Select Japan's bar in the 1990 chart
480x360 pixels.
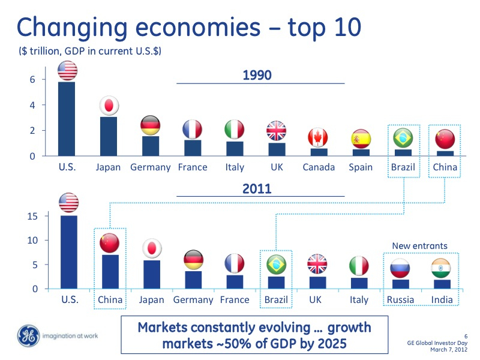(108, 136)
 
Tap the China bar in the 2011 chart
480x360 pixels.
(109, 272)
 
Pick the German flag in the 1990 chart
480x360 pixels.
(150, 125)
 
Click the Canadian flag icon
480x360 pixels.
(318, 138)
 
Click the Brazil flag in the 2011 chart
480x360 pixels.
(276, 264)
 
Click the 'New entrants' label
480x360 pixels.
(420, 245)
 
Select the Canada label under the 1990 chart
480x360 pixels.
(319, 167)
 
